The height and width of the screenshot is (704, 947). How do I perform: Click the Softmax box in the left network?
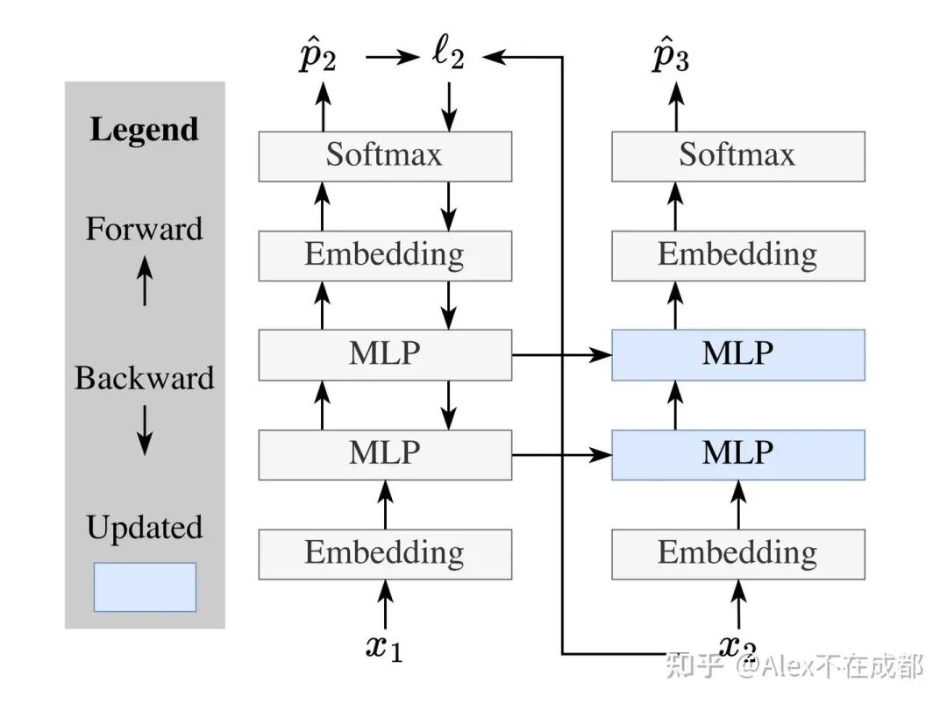point(384,156)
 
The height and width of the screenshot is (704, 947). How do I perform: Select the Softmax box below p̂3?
point(737,156)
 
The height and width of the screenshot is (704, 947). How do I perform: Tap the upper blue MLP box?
point(737,354)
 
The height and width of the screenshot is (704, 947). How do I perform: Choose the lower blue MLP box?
point(737,454)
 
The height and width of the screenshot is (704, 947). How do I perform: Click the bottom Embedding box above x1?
point(384,553)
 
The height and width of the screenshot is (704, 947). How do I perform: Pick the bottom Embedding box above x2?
point(737,553)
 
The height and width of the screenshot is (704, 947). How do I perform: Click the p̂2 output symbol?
point(317,58)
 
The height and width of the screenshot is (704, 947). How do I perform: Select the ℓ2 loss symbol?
point(448,56)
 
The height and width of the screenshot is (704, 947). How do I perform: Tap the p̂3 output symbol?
point(671,58)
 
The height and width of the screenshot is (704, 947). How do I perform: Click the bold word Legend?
point(145,130)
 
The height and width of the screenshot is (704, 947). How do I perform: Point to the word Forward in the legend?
point(145,230)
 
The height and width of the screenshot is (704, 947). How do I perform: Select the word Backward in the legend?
point(145,379)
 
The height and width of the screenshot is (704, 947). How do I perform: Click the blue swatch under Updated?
point(145,587)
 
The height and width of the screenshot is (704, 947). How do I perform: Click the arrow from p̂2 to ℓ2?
point(392,58)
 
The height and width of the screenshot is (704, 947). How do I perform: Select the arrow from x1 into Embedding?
point(384,604)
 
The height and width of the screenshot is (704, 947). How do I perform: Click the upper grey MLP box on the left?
point(384,354)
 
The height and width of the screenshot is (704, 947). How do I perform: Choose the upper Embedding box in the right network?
point(737,255)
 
